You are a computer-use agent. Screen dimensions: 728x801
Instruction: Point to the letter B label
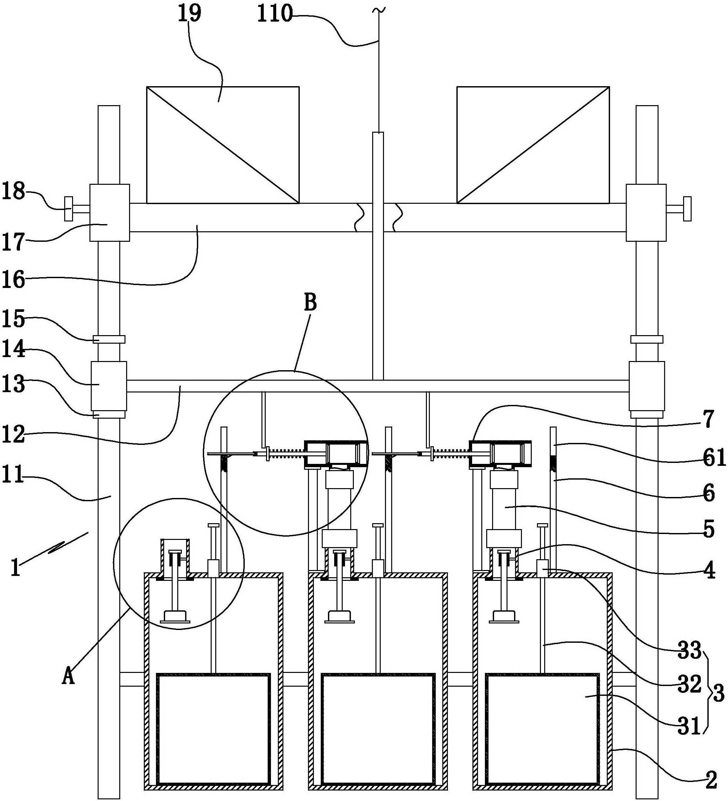point(310,303)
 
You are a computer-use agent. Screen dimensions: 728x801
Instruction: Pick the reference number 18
point(13,192)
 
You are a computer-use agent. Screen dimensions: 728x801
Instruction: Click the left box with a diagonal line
point(222,145)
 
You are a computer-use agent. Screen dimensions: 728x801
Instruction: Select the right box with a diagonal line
point(533,145)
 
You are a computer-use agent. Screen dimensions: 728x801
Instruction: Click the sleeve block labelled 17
point(109,213)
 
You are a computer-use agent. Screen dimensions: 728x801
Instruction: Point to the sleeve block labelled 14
point(108,386)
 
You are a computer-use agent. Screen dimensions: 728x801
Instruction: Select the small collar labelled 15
point(108,339)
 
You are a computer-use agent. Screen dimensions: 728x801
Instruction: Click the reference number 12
point(13,434)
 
